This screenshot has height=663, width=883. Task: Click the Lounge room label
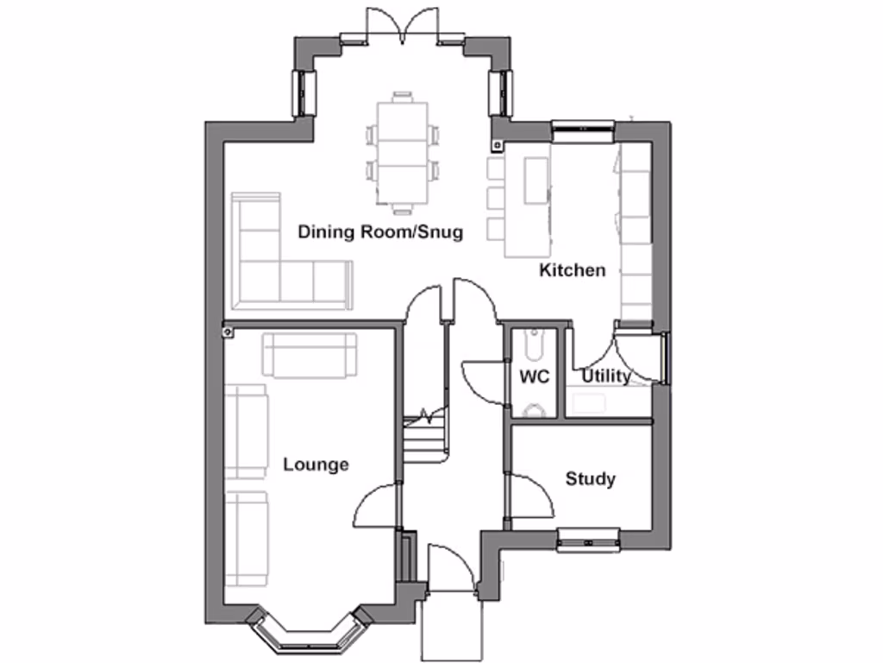coord(316,464)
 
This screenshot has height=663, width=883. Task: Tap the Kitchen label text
coord(572,270)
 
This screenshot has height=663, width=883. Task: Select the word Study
coord(591,478)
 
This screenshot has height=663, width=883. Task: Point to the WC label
coord(534,377)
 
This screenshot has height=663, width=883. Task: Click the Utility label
coord(605,376)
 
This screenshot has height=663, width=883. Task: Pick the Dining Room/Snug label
coord(380,231)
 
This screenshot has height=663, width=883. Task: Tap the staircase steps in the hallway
coord(424,440)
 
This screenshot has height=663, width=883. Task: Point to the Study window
coord(588,541)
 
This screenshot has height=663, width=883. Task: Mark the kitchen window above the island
coord(582,129)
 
